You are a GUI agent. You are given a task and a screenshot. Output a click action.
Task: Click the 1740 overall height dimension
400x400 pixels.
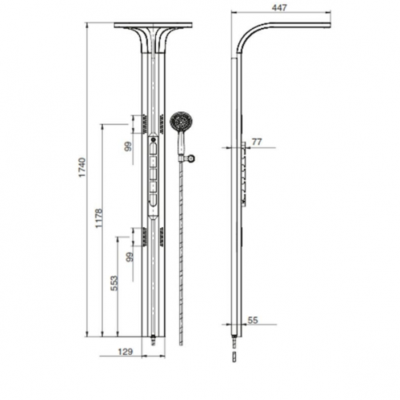coord(82,167)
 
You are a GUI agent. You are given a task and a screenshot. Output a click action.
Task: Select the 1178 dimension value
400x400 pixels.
coord(98,218)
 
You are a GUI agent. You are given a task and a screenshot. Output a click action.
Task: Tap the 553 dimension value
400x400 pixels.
coord(114,283)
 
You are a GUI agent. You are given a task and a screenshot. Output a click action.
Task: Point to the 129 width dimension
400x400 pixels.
coord(126,351)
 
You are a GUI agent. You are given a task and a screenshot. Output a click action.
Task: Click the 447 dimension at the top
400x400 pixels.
coord(279,8)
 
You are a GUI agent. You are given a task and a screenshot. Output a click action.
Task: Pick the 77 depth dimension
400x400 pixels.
coord(257,142)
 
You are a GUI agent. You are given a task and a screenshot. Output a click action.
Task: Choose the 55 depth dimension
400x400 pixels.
coord(253,320)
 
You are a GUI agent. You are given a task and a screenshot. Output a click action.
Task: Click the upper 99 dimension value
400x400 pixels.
coord(129,146)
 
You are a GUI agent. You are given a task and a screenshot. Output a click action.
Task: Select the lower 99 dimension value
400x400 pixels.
coord(130,257)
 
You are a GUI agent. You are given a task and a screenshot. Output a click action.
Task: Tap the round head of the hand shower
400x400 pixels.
coord(181,122)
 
